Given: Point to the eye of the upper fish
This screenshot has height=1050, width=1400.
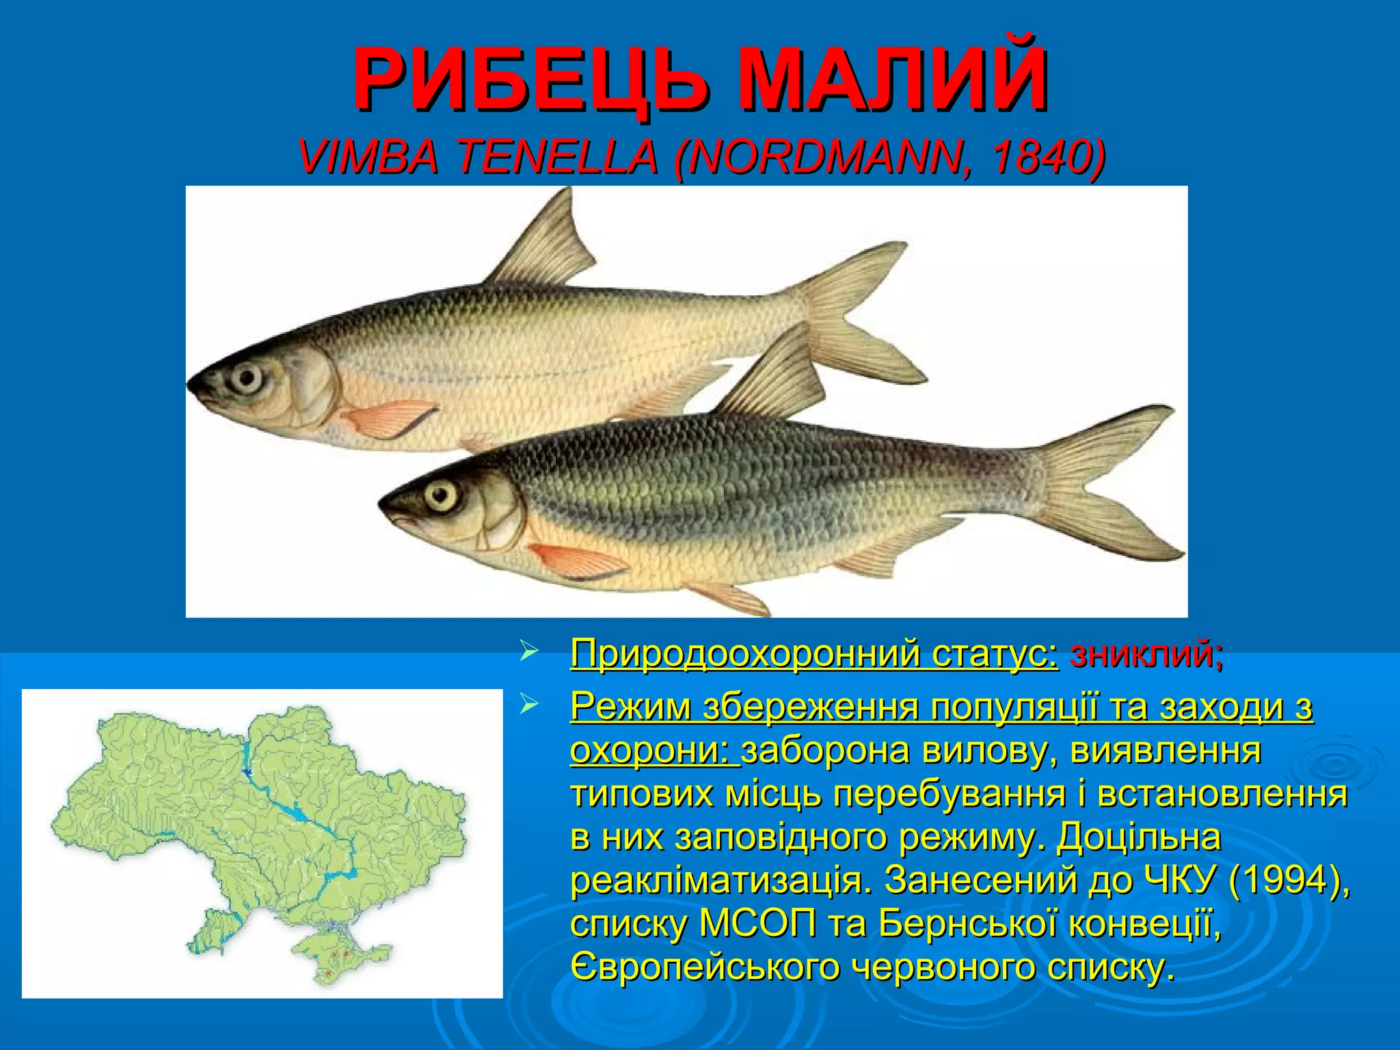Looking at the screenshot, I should point(245,377).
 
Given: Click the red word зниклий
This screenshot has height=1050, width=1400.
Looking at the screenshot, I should point(1146,654).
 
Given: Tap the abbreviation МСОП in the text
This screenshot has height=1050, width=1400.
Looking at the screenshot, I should point(758,924).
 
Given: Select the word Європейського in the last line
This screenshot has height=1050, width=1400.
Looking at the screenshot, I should point(705,967).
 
